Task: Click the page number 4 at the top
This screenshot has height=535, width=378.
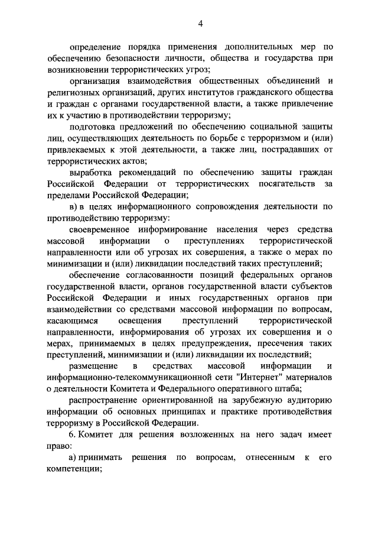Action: [x=200, y=23]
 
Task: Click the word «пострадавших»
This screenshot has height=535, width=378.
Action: [x=287, y=150]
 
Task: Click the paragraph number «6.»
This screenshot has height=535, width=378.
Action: [x=73, y=434]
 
